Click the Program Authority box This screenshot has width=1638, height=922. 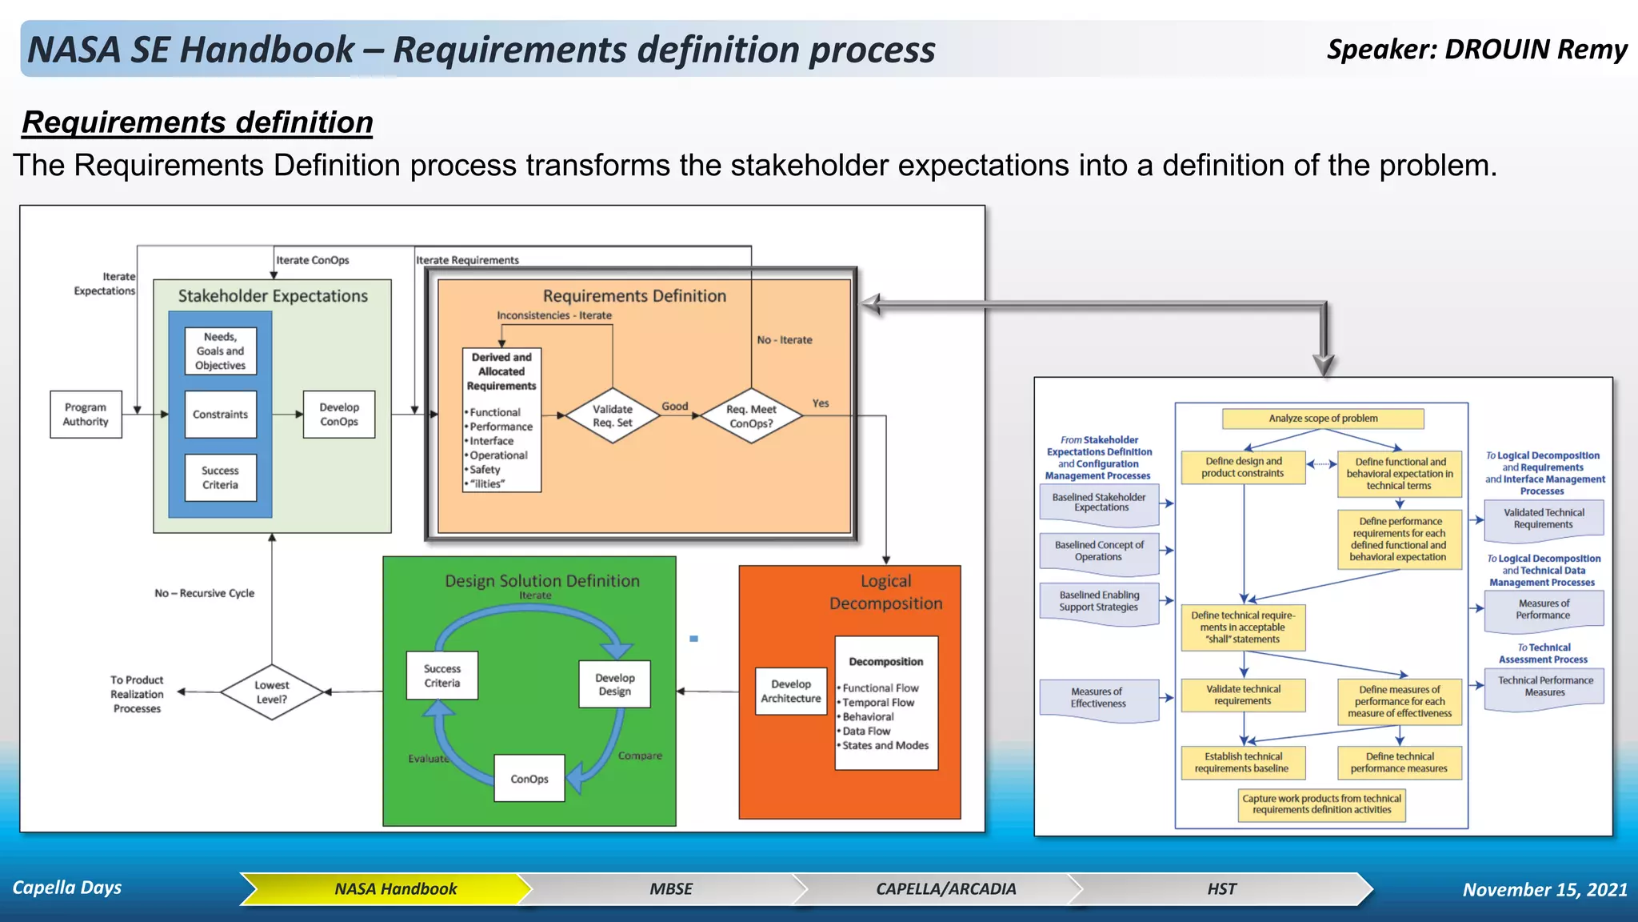[86, 415]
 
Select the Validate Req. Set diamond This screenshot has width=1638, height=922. [612, 415]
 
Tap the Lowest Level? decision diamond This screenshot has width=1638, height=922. [272, 692]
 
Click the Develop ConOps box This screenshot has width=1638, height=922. [339, 415]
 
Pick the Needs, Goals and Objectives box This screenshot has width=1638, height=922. [220, 351]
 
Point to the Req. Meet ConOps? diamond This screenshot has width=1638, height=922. [751, 415]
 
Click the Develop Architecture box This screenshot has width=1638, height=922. [790, 691]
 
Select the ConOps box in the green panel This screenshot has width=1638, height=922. [529, 779]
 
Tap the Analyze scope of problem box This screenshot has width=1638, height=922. [1323, 419]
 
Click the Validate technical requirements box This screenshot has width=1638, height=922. [1243, 695]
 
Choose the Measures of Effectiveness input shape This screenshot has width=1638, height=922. [1098, 699]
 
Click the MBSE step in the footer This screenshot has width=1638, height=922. [670, 889]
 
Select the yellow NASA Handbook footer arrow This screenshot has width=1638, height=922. [395, 889]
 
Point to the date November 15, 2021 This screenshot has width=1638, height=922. [1544, 890]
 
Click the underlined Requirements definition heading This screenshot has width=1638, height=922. [198, 122]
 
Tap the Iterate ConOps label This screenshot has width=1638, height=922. [313, 260]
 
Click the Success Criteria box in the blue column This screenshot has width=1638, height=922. [220, 478]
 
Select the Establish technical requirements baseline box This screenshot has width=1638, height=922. [1242, 763]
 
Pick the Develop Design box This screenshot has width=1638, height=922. [614, 684]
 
